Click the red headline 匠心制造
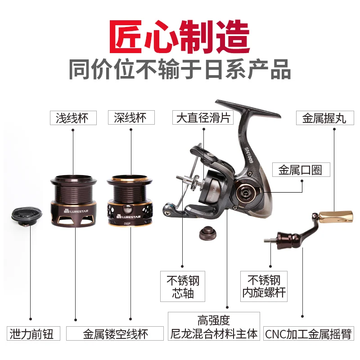tap(180, 37)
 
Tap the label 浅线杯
tap(73, 118)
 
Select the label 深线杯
tap(131, 117)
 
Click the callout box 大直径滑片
tap(203, 117)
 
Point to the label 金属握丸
tap(325, 118)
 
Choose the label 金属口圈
tap(301, 170)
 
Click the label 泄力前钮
tap(33, 333)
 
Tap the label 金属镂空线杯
tap(115, 333)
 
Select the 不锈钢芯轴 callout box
tap(183, 286)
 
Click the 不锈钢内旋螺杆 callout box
tap(264, 286)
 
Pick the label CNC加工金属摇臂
tap(309, 333)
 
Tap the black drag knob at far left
tap(27, 216)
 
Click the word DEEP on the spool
tap(127, 223)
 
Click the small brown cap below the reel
tap(207, 233)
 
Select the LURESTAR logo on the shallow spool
tap(76, 211)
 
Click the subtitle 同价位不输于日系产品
tap(180, 69)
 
